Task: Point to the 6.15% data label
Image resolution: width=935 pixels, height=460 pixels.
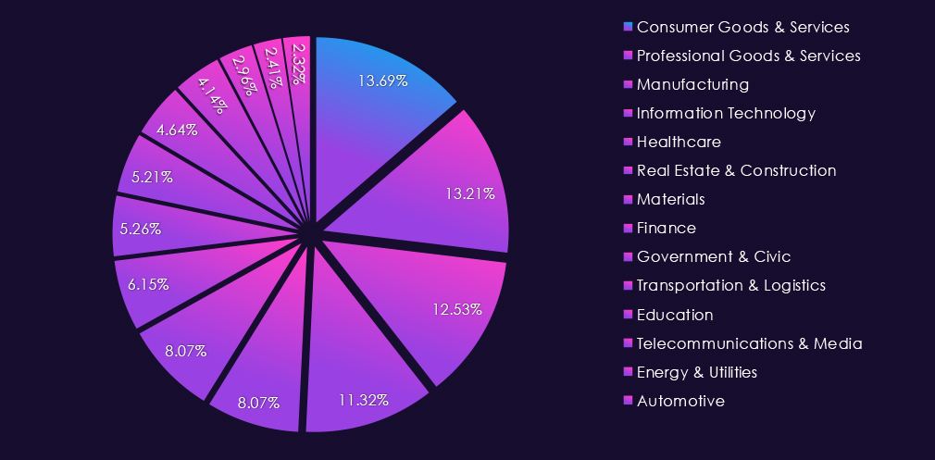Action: click(x=148, y=285)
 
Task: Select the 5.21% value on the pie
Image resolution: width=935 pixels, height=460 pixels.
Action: click(x=152, y=176)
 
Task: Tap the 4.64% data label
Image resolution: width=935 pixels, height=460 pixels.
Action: click(x=177, y=130)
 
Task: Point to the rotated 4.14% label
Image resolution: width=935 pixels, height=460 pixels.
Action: click(x=211, y=94)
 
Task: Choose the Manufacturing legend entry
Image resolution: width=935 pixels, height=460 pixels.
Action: click(x=692, y=84)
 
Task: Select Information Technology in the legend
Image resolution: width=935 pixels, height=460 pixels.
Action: click(x=726, y=113)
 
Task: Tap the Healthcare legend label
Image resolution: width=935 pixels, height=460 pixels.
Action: click(x=679, y=142)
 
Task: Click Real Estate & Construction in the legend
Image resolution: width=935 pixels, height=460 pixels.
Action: click(x=736, y=170)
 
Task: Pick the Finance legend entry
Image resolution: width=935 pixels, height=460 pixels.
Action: click(x=667, y=228)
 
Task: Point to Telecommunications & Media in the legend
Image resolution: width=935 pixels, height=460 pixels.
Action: click(x=750, y=343)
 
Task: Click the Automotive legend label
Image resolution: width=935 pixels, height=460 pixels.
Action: click(x=680, y=401)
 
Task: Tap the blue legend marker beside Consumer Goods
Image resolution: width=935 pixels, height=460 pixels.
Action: click(x=630, y=26)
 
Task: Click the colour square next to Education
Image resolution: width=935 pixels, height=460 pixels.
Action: click(x=630, y=314)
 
